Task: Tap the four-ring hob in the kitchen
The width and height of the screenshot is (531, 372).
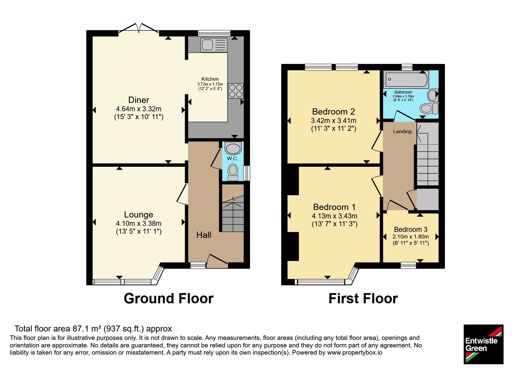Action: tap(236, 91)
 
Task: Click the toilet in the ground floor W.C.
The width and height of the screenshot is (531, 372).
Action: tap(233, 172)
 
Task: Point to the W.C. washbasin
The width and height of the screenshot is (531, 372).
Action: tap(233, 148)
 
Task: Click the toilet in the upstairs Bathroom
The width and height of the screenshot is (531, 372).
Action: tap(429, 108)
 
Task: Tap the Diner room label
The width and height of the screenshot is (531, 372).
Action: tap(139, 100)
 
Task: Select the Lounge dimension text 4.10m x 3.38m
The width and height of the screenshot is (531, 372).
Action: tap(139, 223)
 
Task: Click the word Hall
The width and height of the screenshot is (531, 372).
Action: tap(204, 235)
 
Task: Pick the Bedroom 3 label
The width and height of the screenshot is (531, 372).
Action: tap(411, 229)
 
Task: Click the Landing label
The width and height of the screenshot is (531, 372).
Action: tap(402, 131)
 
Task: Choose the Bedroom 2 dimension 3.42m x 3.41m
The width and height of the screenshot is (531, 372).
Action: tap(333, 121)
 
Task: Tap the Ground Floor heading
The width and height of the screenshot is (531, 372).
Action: tap(169, 298)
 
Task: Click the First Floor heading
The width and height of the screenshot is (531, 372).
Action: tap(363, 298)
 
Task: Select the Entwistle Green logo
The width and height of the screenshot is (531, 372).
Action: tap(483, 344)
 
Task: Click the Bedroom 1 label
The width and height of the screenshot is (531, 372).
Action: tap(334, 207)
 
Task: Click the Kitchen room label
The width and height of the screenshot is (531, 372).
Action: tap(210, 79)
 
